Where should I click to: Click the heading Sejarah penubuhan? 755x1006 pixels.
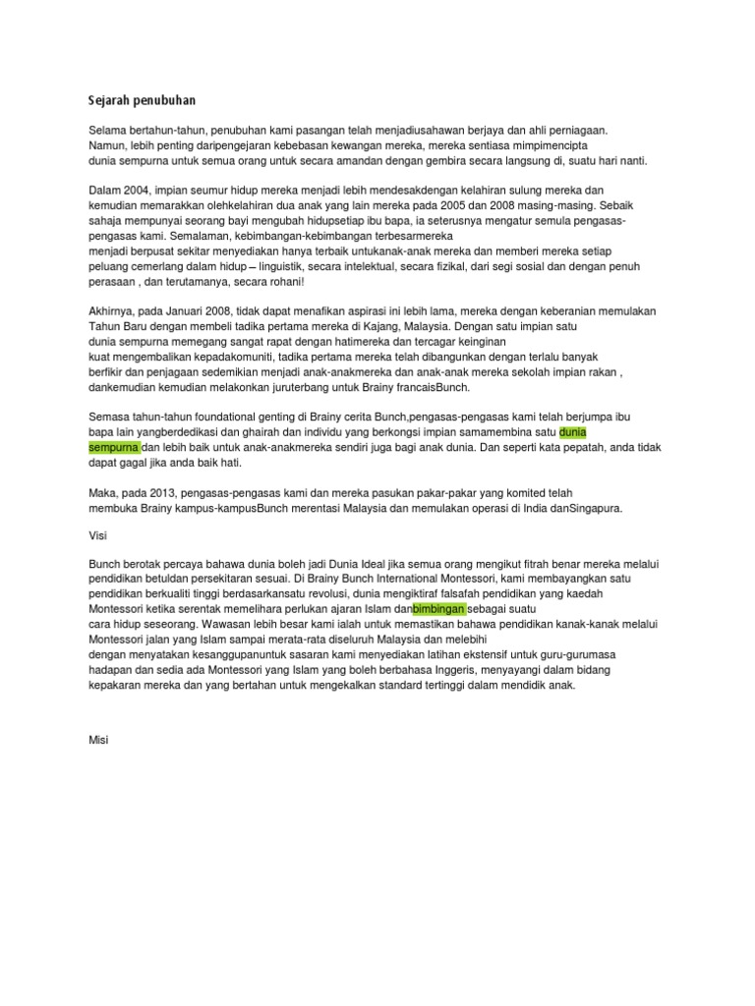143,99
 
